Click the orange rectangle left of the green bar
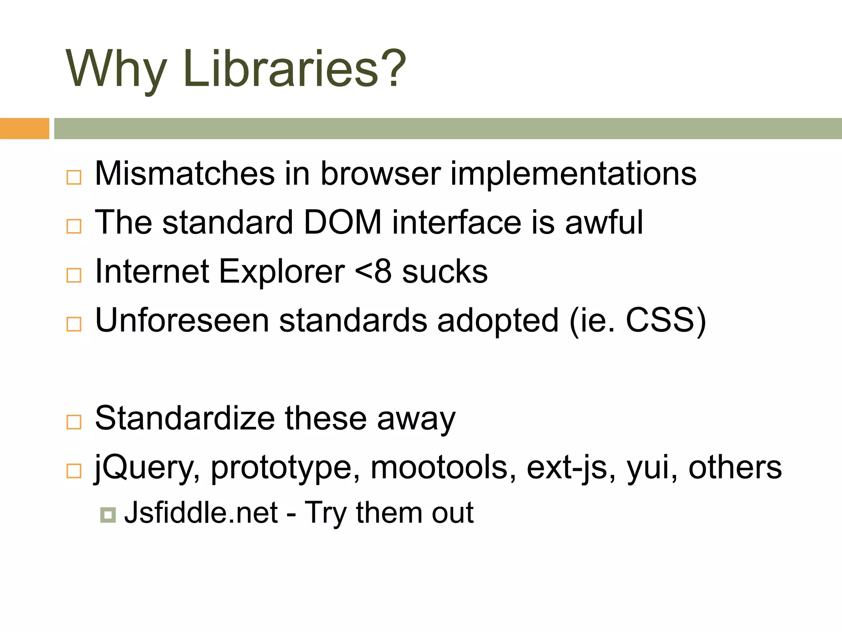pos(24,128)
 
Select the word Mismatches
pos(185,173)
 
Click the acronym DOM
pos(342,222)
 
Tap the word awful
pos(604,222)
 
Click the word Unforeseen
pos(182,320)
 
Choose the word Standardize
pos(185,418)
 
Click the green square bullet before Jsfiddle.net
pos(108,514)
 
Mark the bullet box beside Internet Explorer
pos(74,275)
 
